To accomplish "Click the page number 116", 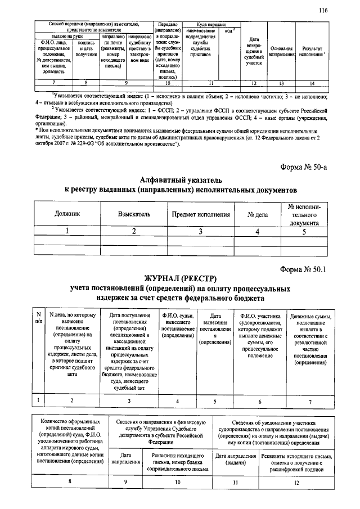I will tap(323, 10).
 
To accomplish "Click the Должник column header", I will tap(67, 214).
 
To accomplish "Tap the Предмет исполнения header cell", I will tap(201, 214).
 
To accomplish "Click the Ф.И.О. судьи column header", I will tap(178, 325).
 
